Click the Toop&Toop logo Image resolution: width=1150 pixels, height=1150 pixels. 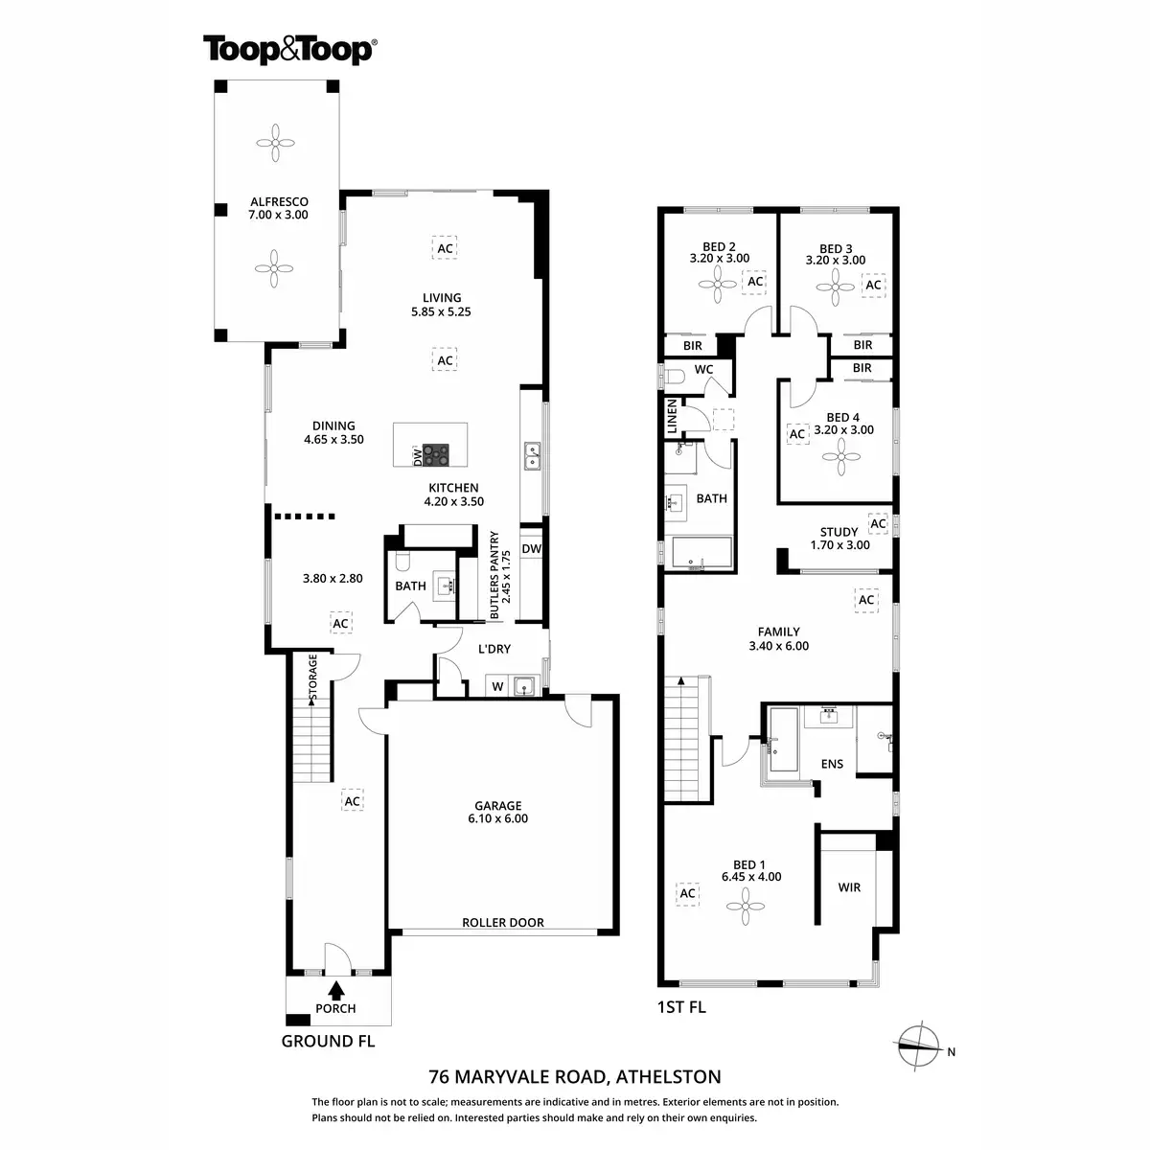288,50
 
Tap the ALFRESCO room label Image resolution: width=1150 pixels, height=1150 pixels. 279,202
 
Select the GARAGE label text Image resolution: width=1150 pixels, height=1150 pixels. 497,806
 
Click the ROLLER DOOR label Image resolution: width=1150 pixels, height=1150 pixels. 503,923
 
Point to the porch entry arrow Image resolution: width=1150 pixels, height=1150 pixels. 336,989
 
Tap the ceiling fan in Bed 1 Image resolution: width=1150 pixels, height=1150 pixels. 745,903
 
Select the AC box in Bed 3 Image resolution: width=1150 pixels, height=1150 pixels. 873,285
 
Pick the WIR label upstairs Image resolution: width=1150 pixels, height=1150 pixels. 849,887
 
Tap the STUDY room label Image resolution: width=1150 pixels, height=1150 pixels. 839,532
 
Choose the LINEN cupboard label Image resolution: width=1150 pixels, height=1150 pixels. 672,416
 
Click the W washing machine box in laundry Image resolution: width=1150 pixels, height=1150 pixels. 497,686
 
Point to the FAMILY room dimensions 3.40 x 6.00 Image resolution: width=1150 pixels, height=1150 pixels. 778,646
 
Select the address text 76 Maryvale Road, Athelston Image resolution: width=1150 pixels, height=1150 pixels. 575,1076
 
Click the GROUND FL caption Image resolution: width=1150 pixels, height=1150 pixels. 328,1041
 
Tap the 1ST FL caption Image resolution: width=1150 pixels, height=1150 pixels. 681,1007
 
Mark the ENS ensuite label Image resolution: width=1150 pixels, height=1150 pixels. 832,764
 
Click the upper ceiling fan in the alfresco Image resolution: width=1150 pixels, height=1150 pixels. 276,144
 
